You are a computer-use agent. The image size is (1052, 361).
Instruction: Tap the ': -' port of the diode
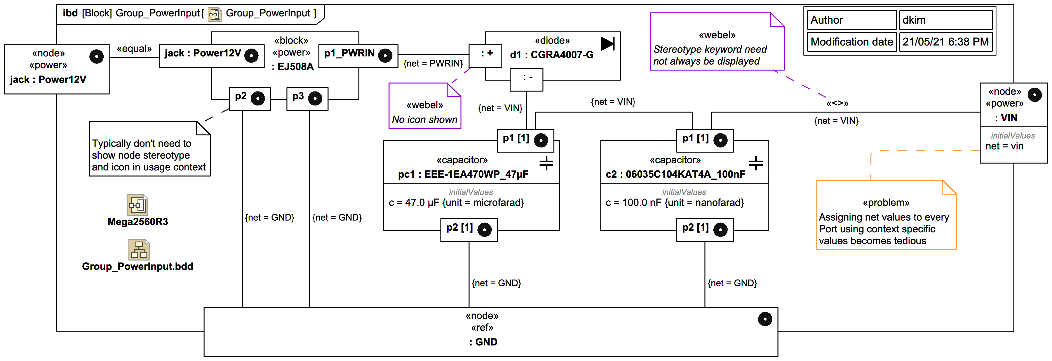coord(526,79)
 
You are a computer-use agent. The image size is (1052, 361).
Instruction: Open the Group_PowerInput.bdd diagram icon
coord(139,250)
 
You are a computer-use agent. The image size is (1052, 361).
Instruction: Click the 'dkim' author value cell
coord(945,20)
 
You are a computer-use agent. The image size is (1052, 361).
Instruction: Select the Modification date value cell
coord(945,42)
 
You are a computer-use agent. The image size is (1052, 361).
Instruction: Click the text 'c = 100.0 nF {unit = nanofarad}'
coord(675,203)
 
